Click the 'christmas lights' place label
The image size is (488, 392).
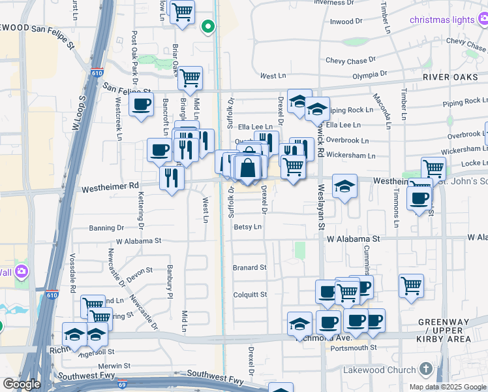pos(442,20)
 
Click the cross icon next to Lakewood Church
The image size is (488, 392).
pos(427,370)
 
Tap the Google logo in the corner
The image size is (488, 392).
pos(22,384)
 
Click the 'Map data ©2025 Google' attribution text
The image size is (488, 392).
pos(447,387)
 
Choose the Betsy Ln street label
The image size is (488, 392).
pos(247,227)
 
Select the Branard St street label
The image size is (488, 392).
pos(250,268)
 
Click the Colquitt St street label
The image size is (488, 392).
pos(251,295)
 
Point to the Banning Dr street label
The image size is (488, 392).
pos(106,229)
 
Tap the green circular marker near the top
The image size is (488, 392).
pos(208,27)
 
